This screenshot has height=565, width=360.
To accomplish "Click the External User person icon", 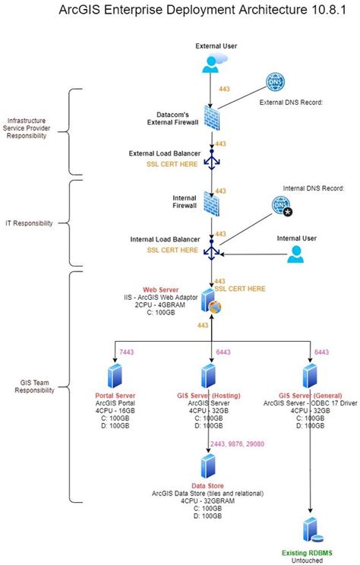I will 210,64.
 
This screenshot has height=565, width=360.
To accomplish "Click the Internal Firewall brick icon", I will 212,204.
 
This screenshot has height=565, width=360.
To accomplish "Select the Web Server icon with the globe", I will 210,301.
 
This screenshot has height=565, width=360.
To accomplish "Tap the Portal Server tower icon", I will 115,377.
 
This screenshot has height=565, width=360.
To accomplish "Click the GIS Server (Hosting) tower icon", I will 209,377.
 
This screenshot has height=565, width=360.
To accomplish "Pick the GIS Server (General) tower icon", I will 309,377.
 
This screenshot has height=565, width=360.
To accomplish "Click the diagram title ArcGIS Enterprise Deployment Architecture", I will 180,12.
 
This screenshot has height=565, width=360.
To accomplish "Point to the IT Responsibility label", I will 29,223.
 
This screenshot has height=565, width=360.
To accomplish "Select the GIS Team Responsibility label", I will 34,385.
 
